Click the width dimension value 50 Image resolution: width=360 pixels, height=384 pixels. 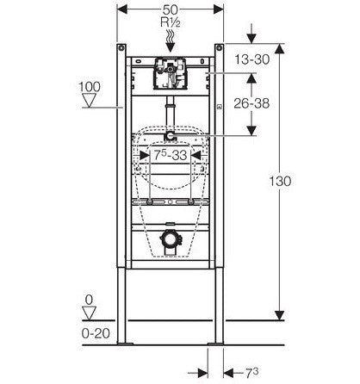[x=171, y=9]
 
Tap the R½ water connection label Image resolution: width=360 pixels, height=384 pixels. [x=171, y=22]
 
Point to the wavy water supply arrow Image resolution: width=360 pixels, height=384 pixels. [x=171, y=40]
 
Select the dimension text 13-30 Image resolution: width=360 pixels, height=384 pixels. [x=252, y=59]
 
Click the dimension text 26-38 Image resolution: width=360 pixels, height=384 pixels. [x=251, y=103]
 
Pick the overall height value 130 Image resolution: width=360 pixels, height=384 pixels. [x=280, y=182]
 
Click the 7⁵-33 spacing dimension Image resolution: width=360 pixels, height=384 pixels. [x=171, y=155]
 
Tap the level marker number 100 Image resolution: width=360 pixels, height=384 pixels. [x=90, y=87]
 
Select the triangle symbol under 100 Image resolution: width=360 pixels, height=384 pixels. [x=90, y=101]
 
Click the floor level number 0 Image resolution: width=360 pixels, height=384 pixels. [x=90, y=300]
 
